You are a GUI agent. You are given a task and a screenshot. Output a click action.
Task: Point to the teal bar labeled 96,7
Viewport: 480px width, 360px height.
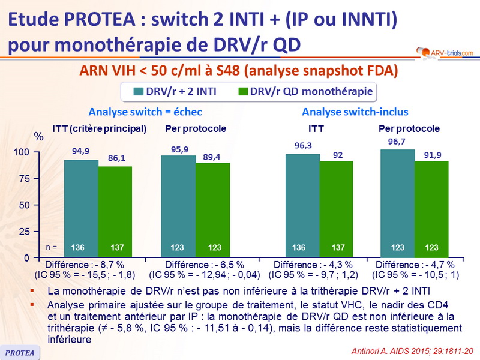[x=397, y=203]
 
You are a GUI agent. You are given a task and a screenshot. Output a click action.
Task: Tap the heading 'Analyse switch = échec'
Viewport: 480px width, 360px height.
[x=137, y=112]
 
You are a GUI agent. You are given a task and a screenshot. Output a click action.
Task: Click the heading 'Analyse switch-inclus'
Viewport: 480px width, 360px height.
[x=355, y=112]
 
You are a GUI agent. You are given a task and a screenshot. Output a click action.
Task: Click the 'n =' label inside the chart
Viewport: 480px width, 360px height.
[x=52, y=247]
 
